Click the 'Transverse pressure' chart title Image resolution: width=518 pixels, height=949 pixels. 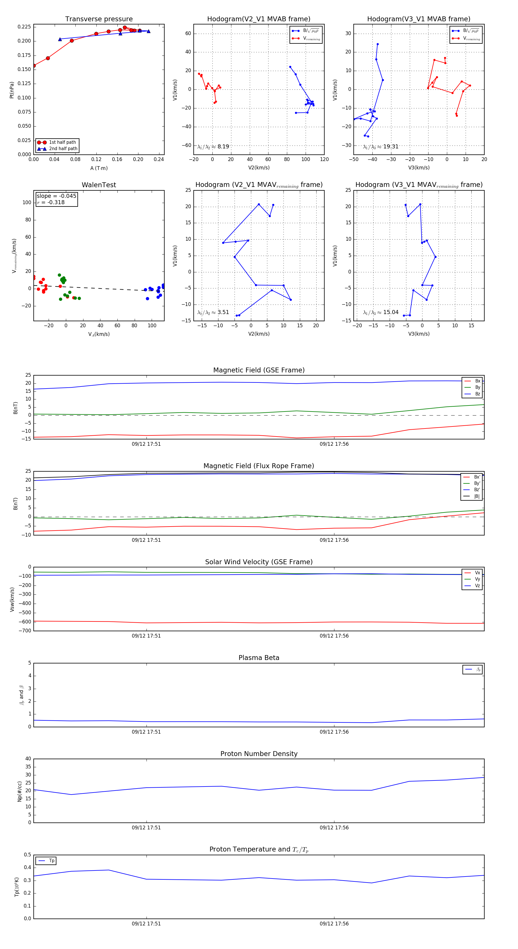(x=99, y=19)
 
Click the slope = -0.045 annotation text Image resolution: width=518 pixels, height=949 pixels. (x=56, y=196)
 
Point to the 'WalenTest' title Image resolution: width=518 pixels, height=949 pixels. (x=99, y=185)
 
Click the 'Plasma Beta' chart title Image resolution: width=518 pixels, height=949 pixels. (x=259, y=658)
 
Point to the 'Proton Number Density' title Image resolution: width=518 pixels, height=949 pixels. (x=259, y=754)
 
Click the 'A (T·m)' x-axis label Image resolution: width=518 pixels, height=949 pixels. (x=99, y=168)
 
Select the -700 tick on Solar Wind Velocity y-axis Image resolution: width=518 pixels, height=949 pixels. (x=25, y=631)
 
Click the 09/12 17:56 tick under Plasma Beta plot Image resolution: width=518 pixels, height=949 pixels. (x=334, y=732)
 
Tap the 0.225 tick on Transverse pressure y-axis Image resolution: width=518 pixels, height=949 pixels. (x=24, y=27)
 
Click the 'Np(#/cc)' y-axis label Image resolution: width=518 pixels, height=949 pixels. (x=20, y=791)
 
